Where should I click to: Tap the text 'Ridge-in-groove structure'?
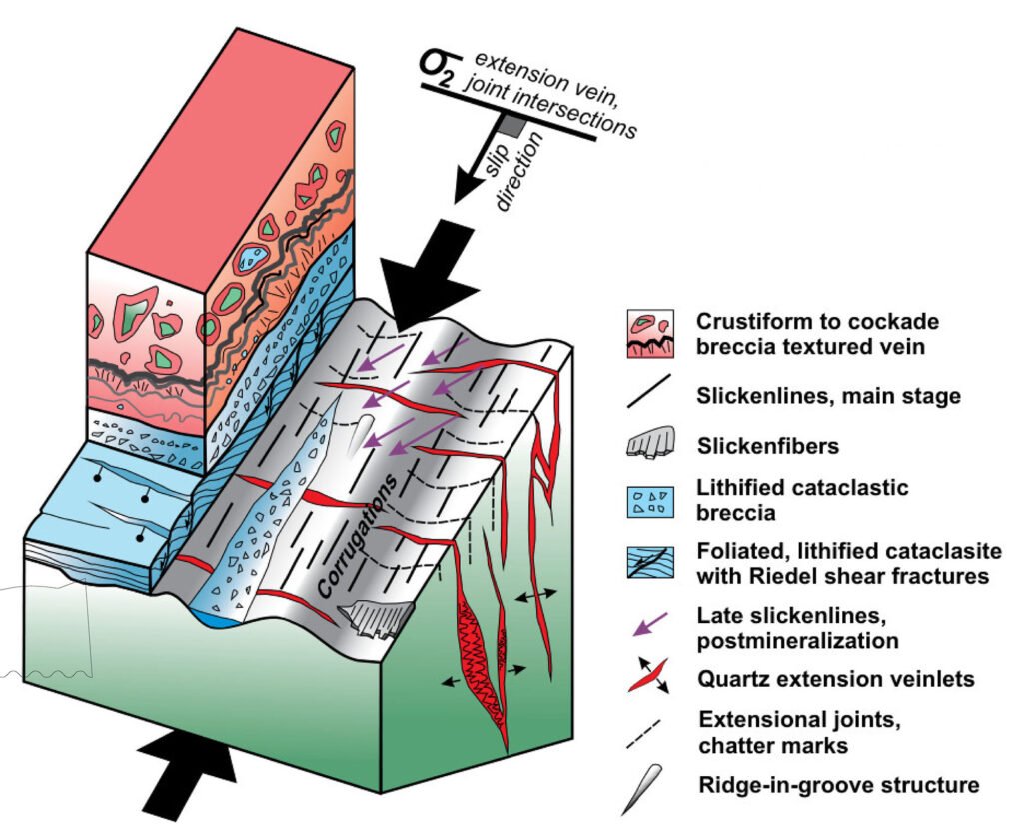coord(838,785)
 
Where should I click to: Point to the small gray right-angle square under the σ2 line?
coord(511,126)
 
